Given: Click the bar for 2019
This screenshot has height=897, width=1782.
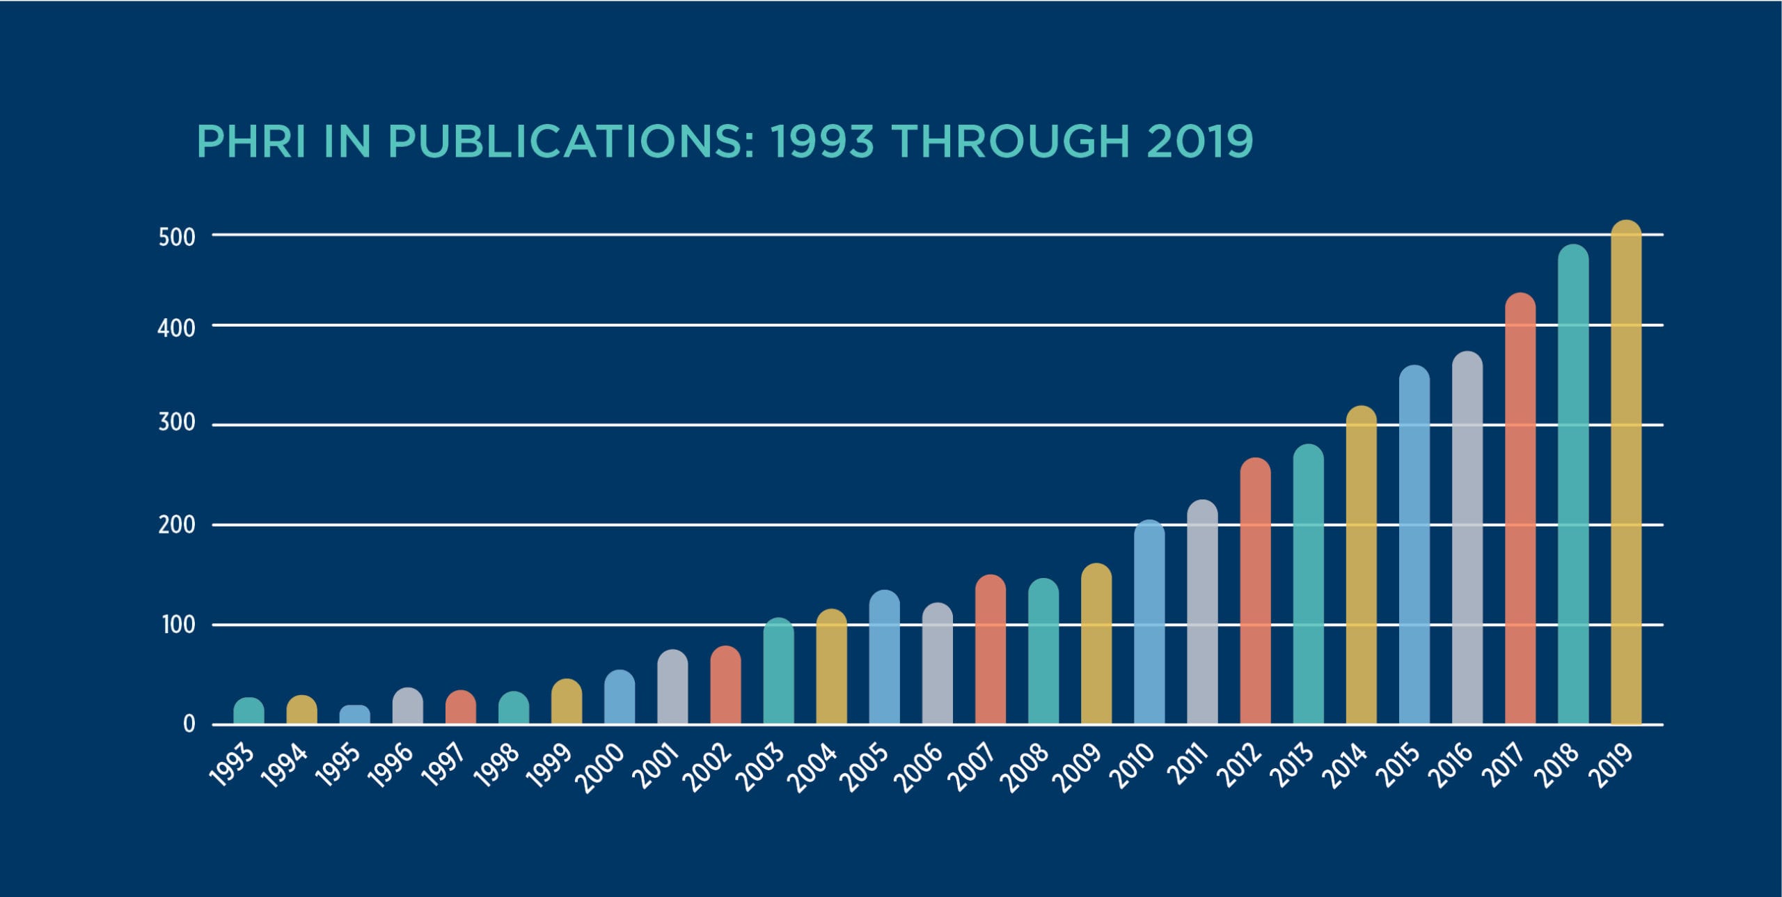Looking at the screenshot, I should [x=1626, y=474].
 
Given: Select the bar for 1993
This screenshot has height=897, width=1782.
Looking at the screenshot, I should [x=249, y=711].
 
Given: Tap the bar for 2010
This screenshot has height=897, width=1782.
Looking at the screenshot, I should [x=1149, y=623].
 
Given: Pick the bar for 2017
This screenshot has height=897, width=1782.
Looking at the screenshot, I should [x=1520, y=509].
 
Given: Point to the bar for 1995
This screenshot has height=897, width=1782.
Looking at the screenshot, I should [x=355, y=715].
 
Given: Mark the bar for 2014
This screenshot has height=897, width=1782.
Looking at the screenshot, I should [x=1362, y=565].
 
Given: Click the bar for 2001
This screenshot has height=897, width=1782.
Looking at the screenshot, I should [x=672, y=687].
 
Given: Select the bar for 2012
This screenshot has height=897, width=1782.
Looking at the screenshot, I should [x=1255, y=591].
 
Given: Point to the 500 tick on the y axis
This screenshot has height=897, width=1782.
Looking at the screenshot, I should [x=177, y=237].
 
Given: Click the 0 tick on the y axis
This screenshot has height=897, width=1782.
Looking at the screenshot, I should [x=189, y=725].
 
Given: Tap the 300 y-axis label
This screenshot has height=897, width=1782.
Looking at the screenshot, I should [x=177, y=423].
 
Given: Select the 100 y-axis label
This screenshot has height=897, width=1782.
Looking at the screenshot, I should [x=178, y=625].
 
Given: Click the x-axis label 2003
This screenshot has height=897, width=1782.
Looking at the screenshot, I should [x=762, y=768].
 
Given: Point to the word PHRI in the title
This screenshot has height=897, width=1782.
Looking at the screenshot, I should [x=251, y=141].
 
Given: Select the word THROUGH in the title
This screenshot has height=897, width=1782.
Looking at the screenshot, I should [x=1010, y=141].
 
